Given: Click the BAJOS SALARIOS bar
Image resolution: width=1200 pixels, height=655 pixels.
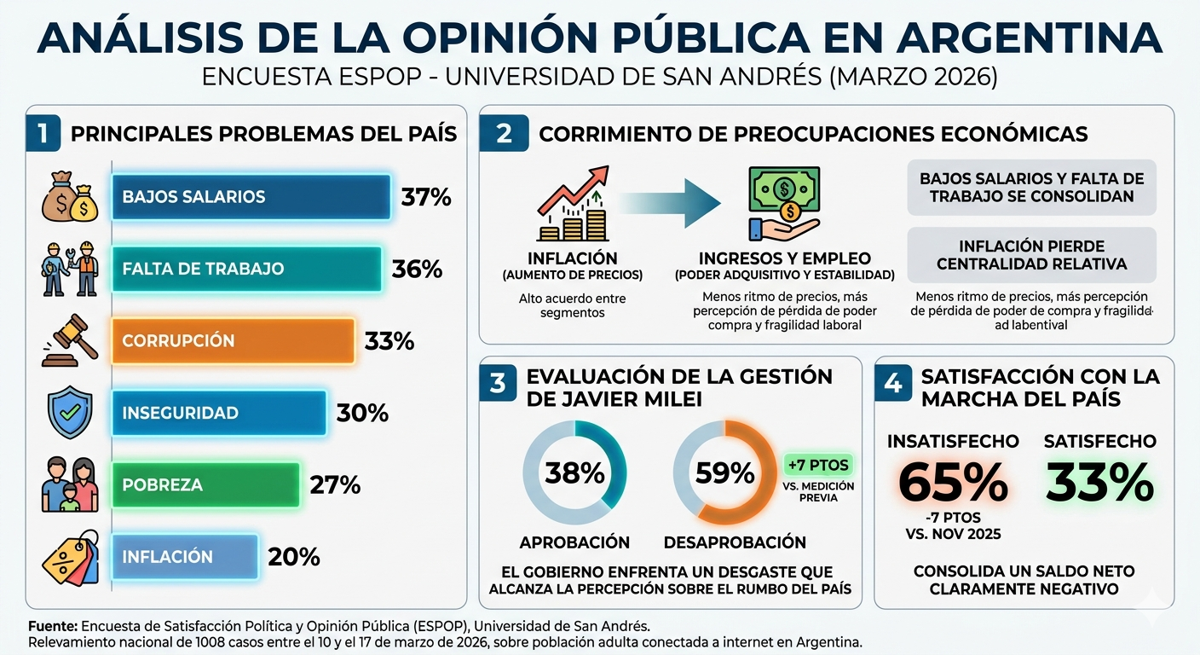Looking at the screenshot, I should (251, 197).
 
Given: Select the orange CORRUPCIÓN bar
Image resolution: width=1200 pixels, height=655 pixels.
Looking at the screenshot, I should (232, 341).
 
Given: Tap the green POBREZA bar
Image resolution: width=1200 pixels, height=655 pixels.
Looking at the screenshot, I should (205, 485).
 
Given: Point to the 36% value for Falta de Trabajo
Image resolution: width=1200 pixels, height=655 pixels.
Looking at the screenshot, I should (417, 270).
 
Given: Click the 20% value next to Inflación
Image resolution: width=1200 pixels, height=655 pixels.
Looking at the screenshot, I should (294, 557).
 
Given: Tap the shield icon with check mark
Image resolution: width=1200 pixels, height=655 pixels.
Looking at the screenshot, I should (70, 414).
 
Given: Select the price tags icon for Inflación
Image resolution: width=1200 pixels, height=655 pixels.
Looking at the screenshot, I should (71, 558).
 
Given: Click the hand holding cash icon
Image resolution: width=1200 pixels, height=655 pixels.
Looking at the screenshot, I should (783, 203).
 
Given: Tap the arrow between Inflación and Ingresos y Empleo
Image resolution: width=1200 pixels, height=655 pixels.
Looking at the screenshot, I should (669, 203).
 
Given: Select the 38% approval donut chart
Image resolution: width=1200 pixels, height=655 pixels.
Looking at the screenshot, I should (574, 472).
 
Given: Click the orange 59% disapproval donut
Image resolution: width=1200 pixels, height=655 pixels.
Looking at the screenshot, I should (724, 472).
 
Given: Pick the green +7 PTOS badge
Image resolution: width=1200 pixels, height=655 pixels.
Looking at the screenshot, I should (818, 466).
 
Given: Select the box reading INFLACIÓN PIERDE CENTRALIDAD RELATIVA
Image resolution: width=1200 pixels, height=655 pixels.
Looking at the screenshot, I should (1031, 255).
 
